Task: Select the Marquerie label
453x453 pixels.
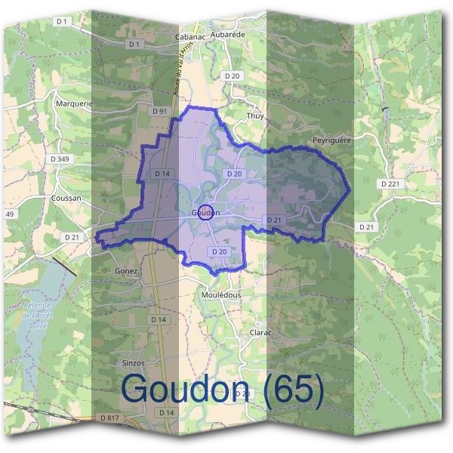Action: [74, 103]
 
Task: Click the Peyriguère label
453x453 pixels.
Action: [333, 140]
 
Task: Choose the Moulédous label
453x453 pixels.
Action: [221, 294]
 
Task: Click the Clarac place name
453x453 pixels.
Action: [260, 331]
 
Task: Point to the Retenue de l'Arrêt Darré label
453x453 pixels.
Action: [35, 316]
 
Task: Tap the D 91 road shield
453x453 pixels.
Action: [159, 111]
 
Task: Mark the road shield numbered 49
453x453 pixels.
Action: [10, 214]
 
